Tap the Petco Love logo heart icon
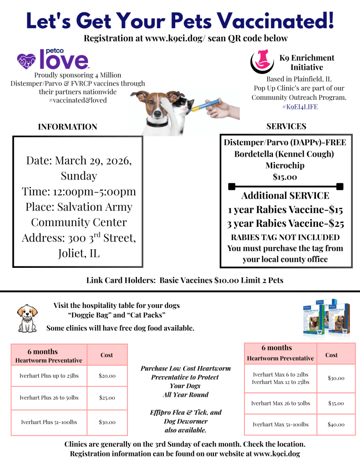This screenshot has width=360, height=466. tap(26, 60)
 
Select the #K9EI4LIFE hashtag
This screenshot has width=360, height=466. tap(299, 107)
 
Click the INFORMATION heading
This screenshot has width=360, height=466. tap(67, 127)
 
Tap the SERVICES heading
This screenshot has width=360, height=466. tap(286, 126)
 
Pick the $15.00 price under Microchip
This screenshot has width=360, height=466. tap(285, 177)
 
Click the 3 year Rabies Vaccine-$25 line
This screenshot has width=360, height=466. tap(285, 224)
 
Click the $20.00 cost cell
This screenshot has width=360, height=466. tap(107, 376)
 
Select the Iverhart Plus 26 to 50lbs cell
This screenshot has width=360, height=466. tap(49, 398)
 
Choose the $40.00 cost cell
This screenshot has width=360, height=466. tap(336, 425)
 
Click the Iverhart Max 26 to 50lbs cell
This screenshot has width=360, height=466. tap(280, 403)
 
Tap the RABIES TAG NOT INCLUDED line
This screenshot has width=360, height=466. tap(285, 237)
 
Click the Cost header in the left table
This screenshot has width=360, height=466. tap(107, 355)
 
